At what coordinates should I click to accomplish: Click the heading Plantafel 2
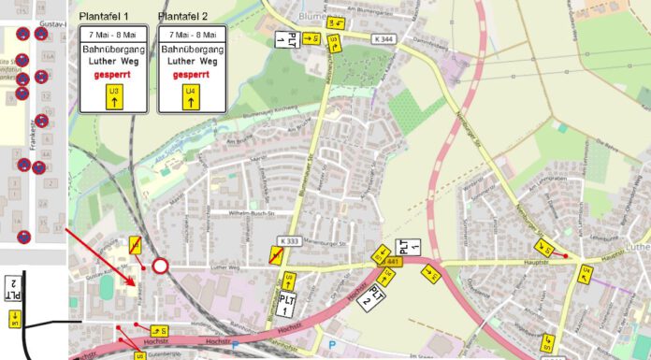(x=183, y=17)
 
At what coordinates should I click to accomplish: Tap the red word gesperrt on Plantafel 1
(x=114, y=73)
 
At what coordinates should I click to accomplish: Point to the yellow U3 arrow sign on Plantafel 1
(x=114, y=95)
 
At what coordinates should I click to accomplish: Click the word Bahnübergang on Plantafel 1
(x=114, y=48)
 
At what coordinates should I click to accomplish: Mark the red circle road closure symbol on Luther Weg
(x=160, y=266)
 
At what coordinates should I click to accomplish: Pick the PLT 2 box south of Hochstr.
(x=373, y=297)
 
